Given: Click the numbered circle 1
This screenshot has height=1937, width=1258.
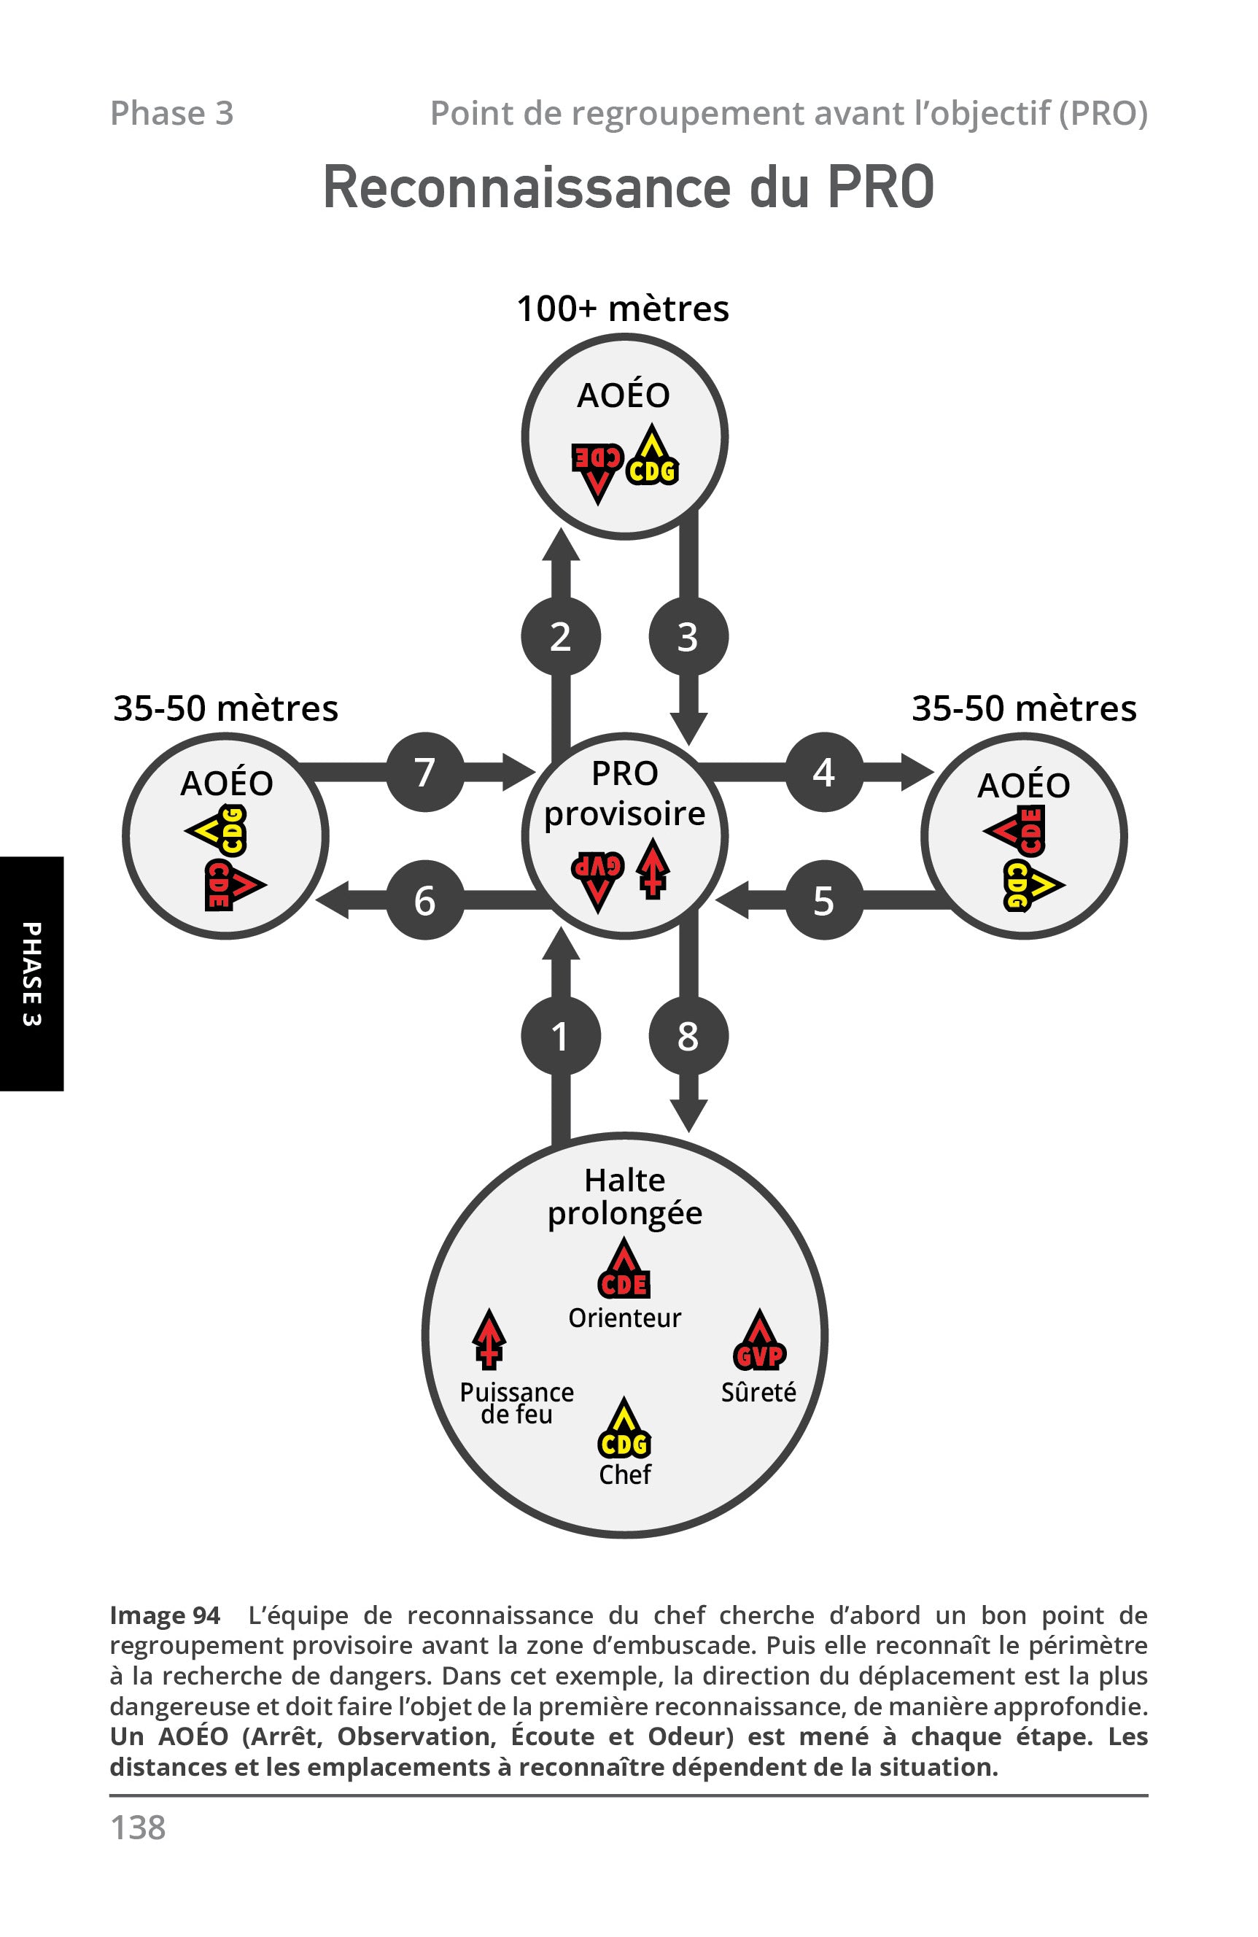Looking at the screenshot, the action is pyautogui.click(x=561, y=1036).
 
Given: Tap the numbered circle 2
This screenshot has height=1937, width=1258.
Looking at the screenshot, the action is pyautogui.click(x=561, y=636).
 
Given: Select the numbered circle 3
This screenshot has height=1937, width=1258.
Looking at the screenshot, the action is pyautogui.click(x=688, y=636).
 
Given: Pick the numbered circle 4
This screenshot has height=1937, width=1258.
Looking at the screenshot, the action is pyautogui.click(x=823, y=772).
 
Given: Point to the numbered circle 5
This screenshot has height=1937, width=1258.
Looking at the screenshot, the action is pyautogui.click(x=823, y=900).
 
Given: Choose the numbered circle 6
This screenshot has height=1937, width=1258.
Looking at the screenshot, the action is pyautogui.click(x=424, y=900).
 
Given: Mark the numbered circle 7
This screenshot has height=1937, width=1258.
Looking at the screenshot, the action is pyautogui.click(x=424, y=772).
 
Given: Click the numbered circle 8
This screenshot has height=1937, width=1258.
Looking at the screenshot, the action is pyautogui.click(x=688, y=1036).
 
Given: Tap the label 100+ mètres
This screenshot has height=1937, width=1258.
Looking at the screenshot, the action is pyautogui.click(x=624, y=309).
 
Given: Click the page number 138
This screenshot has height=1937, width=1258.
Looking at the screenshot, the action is pyautogui.click(x=138, y=1827).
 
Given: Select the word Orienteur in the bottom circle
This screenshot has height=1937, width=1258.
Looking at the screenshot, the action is pyautogui.click(x=624, y=1318).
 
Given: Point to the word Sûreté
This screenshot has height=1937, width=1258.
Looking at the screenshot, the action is pyautogui.click(x=758, y=1392).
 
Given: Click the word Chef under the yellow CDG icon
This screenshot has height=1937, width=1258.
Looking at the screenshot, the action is pyautogui.click(x=624, y=1474).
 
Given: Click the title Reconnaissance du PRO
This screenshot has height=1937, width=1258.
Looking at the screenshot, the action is pyautogui.click(x=628, y=188).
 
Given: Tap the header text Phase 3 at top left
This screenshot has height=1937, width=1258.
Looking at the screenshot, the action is pyautogui.click(x=171, y=113).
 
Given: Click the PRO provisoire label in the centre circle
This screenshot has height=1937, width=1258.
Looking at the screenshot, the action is pyautogui.click(x=624, y=793).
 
